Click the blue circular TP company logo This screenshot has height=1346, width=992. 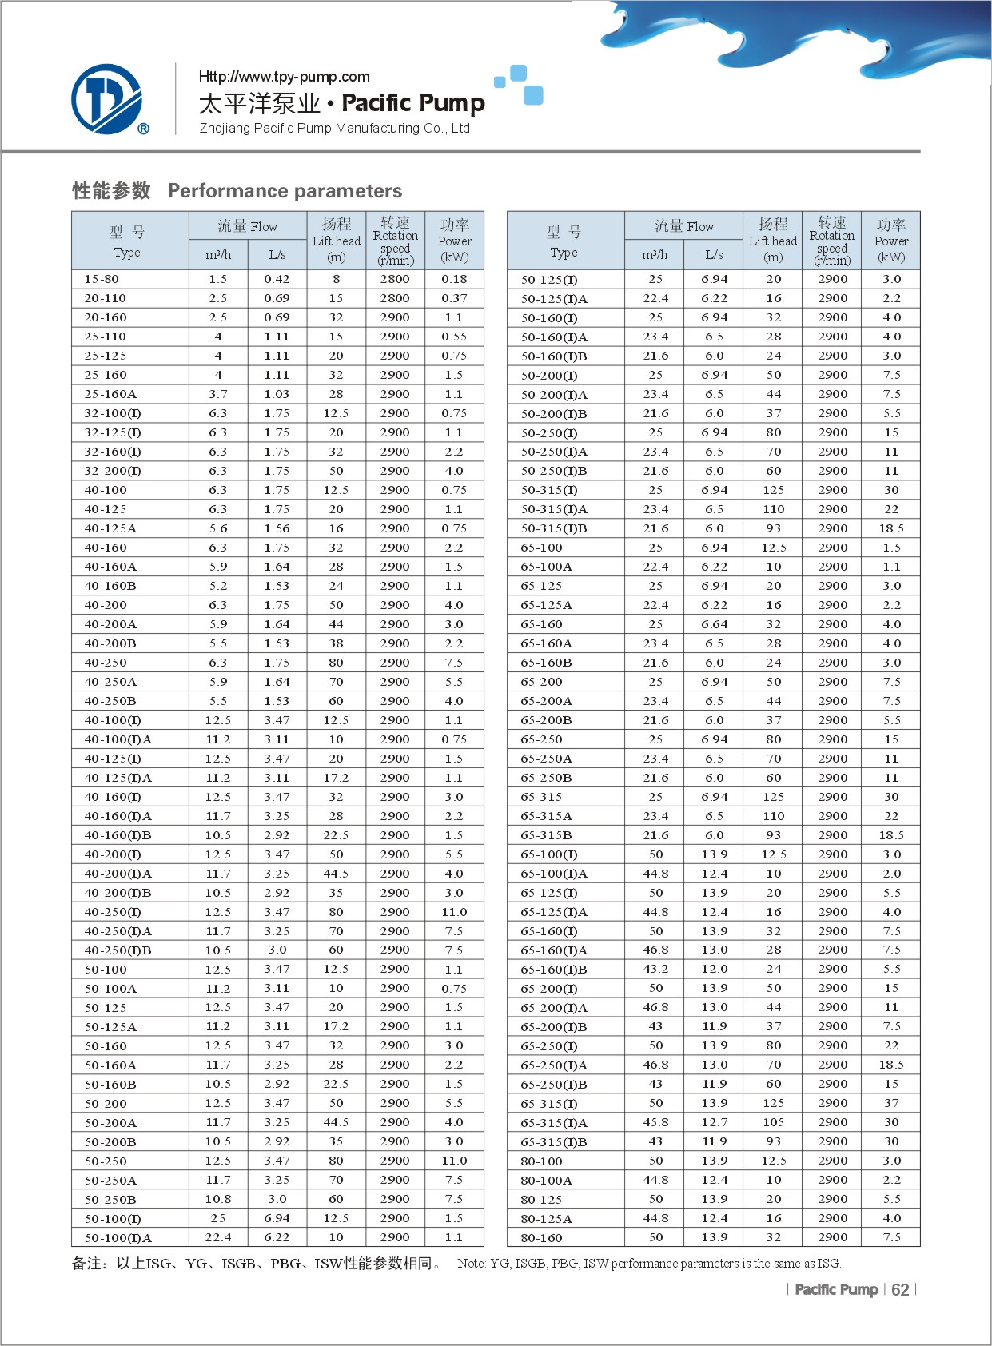(107, 99)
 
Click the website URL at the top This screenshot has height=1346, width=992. (284, 77)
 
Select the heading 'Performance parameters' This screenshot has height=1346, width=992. (285, 191)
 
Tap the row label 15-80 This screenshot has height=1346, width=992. (102, 279)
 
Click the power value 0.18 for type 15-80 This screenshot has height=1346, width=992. (454, 279)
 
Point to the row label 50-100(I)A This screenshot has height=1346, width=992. (118, 1238)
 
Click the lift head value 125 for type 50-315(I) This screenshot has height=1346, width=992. (773, 490)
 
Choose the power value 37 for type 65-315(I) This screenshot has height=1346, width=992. (891, 1103)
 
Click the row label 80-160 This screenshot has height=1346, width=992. (541, 1238)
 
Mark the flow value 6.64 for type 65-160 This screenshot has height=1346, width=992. (714, 624)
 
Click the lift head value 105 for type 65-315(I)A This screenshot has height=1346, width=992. (773, 1122)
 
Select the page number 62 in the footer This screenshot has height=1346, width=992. (900, 1290)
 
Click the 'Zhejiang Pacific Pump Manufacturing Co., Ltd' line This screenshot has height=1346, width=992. (334, 129)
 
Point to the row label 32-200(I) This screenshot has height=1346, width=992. (113, 471)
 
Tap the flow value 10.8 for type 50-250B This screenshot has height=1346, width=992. (218, 1199)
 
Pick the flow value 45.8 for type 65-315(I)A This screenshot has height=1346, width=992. (655, 1122)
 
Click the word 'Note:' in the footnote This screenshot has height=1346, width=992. (472, 1264)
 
